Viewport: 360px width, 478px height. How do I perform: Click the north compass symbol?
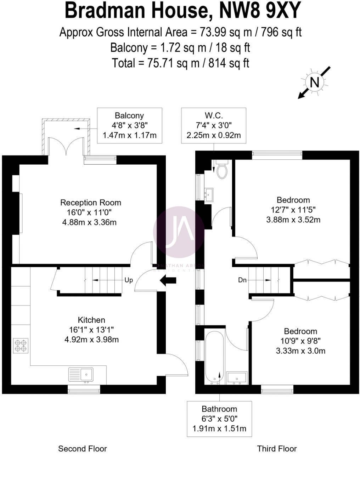[x=314, y=82]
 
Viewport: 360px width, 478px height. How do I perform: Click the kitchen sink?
[x=81, y=375]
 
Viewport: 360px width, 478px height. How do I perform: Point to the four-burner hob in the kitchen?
[x=21, y=346]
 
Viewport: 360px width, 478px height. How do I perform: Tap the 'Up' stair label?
[x=129, y=280]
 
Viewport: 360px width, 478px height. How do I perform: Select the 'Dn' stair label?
[x=242, y=280]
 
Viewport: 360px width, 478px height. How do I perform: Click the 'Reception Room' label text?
[x=91, y=203]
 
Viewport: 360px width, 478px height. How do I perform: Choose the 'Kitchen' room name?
[x=91, y=320]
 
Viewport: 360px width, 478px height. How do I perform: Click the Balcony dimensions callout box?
[x=129, y=125]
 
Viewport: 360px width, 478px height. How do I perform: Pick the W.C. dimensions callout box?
[x=214, y=125]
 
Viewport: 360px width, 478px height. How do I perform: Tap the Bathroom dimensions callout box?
[x=219, y=419]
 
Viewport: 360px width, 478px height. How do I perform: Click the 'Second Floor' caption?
[x=82, y=449]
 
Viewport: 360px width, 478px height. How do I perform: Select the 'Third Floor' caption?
[x=277, y=449]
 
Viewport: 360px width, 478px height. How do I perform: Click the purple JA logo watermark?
[x=179, y=232]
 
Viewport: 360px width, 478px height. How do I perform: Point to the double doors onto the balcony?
[x=66, y=147]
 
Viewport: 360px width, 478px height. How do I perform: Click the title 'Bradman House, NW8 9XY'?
[x=182, y=11]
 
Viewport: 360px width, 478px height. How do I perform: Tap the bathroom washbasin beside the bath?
[x=237, y=377]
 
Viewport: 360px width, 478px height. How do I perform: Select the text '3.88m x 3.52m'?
[x=293, y=220]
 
